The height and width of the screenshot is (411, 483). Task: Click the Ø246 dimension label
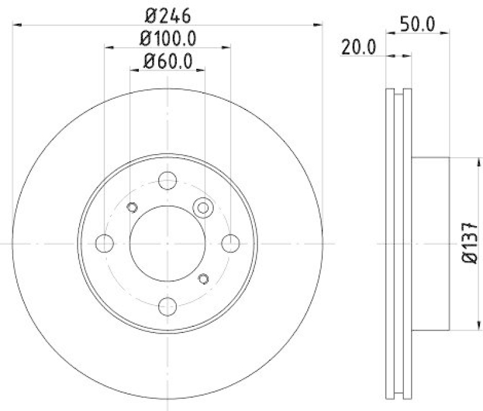click(x=167, y=13)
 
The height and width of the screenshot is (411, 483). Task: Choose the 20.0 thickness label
click(x=358, y=47)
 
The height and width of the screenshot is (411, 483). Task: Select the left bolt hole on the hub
click(x=104, y=243)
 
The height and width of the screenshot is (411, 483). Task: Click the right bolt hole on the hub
click(x=230, y=243)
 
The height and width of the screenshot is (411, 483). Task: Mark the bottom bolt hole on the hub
click(x=167, y=306)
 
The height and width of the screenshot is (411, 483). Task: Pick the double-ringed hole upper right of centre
click(x=203, y=208)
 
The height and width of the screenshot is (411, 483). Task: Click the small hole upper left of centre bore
click(x=132, y=207)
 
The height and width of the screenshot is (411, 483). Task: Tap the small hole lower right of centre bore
click(x=203, y=278)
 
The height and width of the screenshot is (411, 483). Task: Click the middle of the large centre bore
click(x=167, y=243)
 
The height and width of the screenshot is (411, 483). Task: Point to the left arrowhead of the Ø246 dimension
click(x=16, y=24)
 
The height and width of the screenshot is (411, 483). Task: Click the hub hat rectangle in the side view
click(x=431, y=243)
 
